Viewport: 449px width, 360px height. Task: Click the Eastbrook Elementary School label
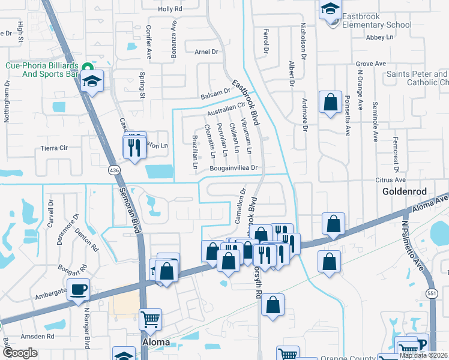(377, 25)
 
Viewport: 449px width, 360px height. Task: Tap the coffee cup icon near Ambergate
(78, 290)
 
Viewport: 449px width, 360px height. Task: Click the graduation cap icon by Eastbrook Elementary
(330, 10)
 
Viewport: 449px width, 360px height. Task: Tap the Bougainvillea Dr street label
(234, 169)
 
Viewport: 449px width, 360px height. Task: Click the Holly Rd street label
(169, 10)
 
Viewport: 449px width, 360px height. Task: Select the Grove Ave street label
(370, 63)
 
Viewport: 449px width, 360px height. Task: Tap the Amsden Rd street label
(37, 337)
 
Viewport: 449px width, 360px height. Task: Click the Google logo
(19, 353)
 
